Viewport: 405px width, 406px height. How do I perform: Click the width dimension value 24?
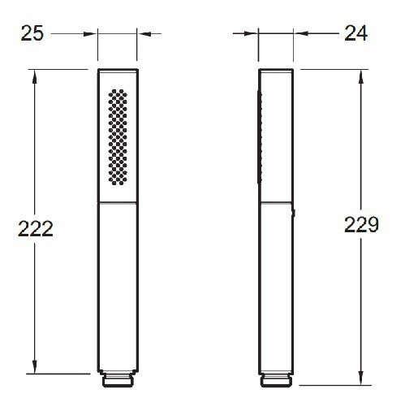tap(355, 33)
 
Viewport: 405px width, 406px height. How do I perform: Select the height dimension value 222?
tap(35, 229)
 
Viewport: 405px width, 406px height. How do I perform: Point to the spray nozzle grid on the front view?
tap(118, 136)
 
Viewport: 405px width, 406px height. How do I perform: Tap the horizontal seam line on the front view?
tap(118, 203)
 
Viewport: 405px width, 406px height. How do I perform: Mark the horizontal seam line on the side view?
tap(277, 203)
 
